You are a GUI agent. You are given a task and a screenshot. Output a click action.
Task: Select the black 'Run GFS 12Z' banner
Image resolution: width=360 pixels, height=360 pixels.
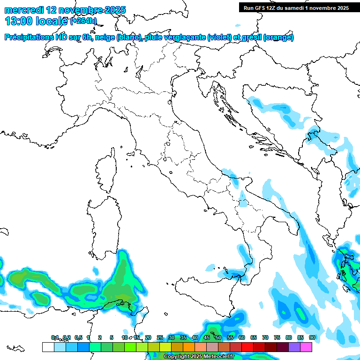click(x=296, y=7)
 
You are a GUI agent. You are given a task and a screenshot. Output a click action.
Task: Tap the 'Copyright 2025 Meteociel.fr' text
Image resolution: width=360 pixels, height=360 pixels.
click(x=199, y=357)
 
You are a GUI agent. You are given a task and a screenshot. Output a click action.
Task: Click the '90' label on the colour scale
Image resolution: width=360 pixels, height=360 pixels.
click(x=312, y=337)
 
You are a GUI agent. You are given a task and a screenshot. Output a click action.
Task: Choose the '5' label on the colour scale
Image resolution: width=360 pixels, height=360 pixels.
click(x=112, y=337)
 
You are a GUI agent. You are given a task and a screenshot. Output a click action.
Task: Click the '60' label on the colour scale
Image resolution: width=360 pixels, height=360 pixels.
click(x=241, y=337)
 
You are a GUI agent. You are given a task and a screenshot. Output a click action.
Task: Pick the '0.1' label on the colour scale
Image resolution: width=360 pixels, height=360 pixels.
click(x=55, y=337)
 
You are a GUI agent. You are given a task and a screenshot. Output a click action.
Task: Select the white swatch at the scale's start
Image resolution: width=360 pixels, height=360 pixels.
click(x=48, y=347)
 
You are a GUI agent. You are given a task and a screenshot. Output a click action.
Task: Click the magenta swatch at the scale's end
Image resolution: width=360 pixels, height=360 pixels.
click(x=306, y=347)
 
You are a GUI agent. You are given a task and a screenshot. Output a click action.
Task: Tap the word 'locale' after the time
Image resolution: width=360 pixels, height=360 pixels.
click(x=52, y=21)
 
